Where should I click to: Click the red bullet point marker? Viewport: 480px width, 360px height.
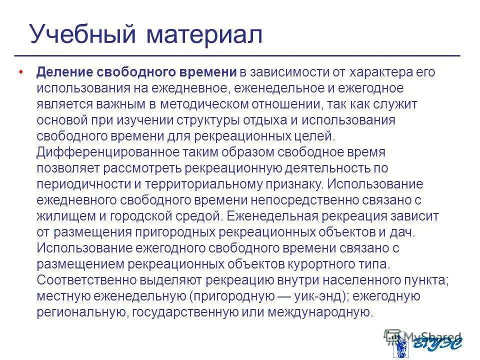20,72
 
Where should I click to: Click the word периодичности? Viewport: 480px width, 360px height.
82,184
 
